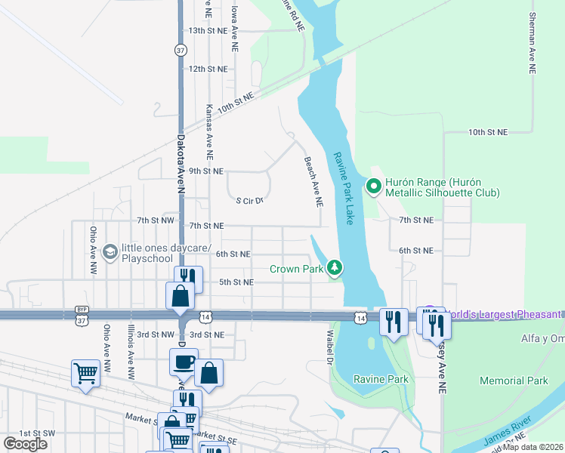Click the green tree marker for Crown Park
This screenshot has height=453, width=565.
coord(334,268)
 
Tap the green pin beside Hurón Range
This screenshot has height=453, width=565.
coord(372,185)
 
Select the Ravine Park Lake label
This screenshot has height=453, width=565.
coord(343,189)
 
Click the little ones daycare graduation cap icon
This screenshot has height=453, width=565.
coord(110,251)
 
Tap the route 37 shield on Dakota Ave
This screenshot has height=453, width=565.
coord(180,50)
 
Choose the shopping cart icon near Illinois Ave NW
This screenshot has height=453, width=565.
coord(85,373)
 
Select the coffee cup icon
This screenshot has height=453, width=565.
coord(184,362)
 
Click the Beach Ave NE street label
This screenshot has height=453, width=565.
coord(313,182)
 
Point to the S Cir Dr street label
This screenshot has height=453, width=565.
coord(249,201)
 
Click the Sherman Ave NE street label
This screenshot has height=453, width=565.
coord(533,42)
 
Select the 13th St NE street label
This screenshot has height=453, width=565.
coord(208,30)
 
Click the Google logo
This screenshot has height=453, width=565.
coord(25,444)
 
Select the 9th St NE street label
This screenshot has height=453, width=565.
coord(205,171)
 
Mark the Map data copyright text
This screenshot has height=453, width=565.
coord(533,447)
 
